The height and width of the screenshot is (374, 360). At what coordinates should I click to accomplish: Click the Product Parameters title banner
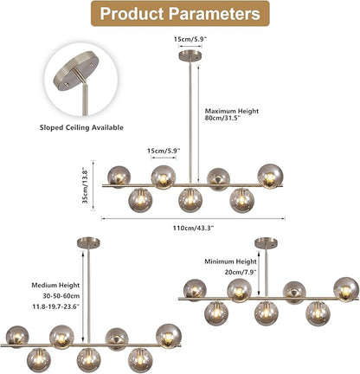point(180,14)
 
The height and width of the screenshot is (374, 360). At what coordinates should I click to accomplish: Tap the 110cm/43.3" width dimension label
point(193,228)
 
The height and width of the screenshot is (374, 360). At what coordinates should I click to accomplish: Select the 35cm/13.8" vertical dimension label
point(86,185)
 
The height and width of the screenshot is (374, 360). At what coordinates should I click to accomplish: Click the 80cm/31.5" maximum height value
point(222,118)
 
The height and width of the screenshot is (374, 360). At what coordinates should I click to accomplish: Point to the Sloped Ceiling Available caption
point(81,127)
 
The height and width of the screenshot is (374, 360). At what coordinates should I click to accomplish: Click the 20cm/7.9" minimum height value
point(241,272)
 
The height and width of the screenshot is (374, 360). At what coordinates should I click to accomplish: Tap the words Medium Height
point(55,285)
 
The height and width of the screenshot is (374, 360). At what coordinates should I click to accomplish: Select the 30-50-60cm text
point(61,296)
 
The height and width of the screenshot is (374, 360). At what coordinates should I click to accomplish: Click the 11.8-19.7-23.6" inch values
point(56,306)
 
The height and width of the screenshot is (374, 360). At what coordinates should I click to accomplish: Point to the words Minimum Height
point(230,261)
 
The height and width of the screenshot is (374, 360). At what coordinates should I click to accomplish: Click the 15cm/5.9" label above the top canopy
point(190,39)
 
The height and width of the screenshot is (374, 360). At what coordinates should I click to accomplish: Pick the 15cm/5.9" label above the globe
point(164,151)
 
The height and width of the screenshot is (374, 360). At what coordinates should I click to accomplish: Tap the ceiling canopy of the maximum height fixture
point(190,55)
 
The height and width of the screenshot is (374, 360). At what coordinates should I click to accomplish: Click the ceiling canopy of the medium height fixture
point(88,242)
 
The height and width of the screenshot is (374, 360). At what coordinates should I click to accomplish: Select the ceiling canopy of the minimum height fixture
point(267,242)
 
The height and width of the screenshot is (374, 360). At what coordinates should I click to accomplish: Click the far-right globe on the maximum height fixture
point(270,177)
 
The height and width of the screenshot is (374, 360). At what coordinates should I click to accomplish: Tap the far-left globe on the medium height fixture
point(17,337)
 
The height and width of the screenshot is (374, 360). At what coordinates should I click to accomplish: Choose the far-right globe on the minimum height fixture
point(346,290)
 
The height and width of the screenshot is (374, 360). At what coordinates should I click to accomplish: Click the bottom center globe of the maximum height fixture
point(190,200)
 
